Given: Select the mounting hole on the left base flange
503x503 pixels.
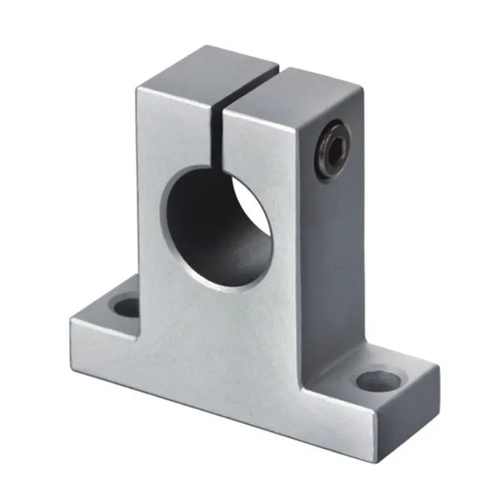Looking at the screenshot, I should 126,304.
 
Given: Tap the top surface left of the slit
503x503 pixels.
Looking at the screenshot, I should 196,75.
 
